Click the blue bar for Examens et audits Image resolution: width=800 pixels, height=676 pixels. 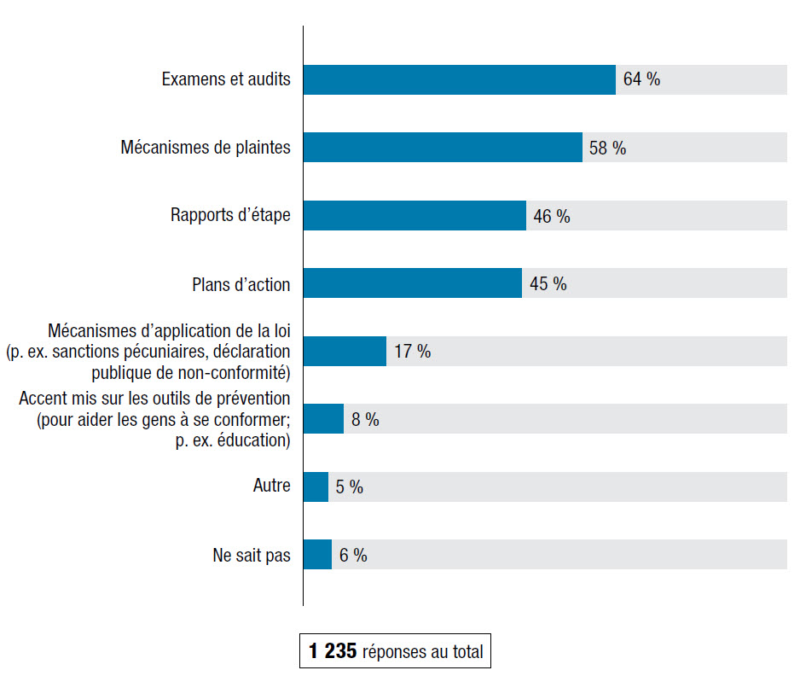coord(459,80)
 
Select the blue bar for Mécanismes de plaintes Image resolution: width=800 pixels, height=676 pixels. coord(443,148)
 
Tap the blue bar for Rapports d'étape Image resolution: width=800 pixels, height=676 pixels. coord(414,216)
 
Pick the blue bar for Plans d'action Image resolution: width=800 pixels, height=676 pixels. coord(412,283)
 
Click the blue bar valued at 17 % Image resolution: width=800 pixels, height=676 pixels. coord(345,351)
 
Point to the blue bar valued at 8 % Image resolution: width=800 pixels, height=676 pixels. coord(323,419)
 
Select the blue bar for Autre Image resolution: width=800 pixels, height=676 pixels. coord(316,487)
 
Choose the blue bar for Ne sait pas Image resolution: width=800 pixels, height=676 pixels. coord(317,555)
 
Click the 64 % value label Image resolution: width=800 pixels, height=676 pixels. coord(641,80)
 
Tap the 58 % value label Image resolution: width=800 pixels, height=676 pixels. coord(607,149)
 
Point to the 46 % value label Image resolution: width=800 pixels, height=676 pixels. coord(551,217)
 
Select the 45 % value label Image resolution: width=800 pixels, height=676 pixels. coord(548,284)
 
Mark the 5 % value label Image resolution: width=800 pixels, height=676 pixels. coord(349,487)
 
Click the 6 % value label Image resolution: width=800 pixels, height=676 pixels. coord(353,556)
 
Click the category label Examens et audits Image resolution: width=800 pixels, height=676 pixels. coord(226,80)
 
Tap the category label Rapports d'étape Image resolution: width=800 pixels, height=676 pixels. coord(230,215)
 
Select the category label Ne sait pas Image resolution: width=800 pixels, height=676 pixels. coord(251,556)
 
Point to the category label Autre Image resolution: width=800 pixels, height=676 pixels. coord(271,487)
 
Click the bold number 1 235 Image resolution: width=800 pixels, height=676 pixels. coord(333,652)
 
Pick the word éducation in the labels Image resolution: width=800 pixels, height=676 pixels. coord(254,440)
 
